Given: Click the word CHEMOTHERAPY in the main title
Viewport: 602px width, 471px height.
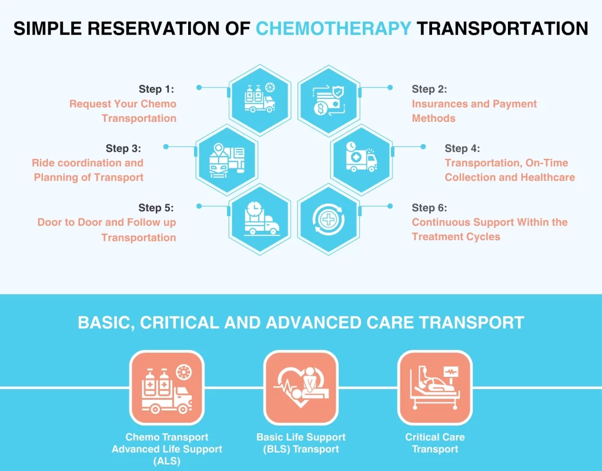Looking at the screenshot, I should pyautogui.click(x=333, y=29).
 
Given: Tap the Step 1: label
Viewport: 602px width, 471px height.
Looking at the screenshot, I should pyautogui.click(x=156, y=89).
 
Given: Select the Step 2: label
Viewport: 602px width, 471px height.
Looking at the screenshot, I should pyautogui.click(x=429, y=89).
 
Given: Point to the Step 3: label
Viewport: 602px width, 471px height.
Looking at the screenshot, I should pyautogui.click(x=123, y=148).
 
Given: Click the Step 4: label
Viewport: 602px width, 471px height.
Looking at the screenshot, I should pyautogui.click(x=462, y=148).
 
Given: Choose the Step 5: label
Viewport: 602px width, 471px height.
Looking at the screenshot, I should pyautogui.click(x=156, y=208).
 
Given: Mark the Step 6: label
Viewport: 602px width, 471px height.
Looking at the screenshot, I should pyautogui.click(x=429, y=208).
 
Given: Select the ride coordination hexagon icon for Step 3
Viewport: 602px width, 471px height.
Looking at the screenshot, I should pyautogui.click(x=226, y=160).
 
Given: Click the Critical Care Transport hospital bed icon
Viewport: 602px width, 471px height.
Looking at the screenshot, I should pyautogui.click(x=434, y=387).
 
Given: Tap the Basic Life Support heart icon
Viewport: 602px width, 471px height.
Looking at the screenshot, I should pyautogui.click(x=300, y=387).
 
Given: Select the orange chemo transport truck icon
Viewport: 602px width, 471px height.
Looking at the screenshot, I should pyautogui.click(x=166, y=387).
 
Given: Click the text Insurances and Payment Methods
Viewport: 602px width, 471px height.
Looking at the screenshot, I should pyautogui.click(x=474, y=111).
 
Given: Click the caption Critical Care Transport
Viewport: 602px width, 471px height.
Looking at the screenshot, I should pyautogui.click(x=434, y=443).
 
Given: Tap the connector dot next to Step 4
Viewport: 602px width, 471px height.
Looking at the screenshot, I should pyautogui.click(x=423, y=147).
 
